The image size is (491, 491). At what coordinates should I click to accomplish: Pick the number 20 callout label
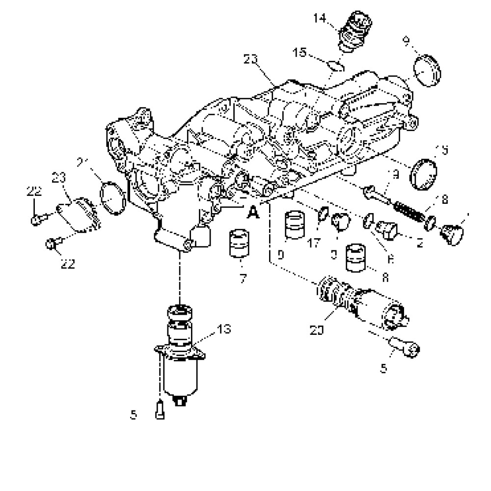[x=318, y=330]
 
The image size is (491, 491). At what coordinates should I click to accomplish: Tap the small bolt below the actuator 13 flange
[x=160, y=409]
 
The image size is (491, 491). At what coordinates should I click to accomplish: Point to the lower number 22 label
[x=67, y=264]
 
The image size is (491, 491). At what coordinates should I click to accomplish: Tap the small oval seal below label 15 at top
[x=336, y=65]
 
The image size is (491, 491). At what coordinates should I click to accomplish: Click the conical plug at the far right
[x=452, y=234]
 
